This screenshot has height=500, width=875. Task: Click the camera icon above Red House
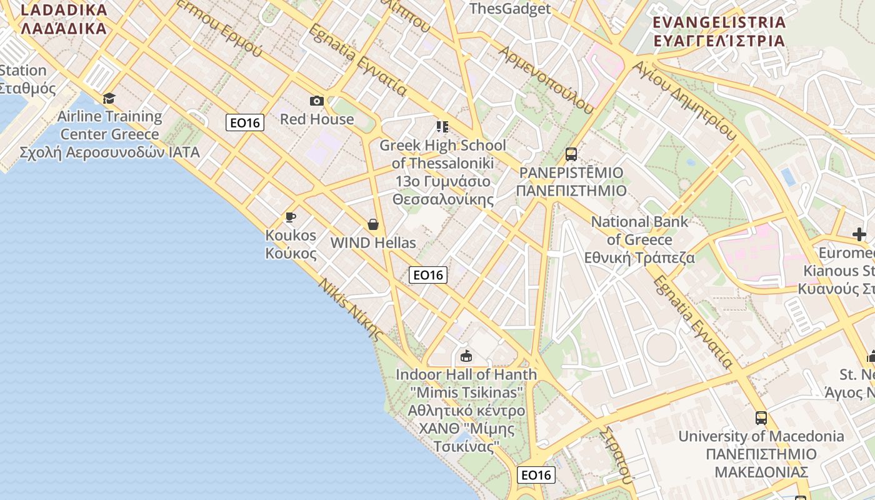point(317,101)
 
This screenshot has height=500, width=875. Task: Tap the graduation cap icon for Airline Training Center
point(109,98)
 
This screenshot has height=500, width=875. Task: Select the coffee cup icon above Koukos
point(290,217)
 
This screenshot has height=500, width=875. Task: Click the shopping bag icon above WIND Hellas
point(373,224)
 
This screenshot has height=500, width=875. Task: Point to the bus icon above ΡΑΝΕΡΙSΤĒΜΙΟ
point(571,154)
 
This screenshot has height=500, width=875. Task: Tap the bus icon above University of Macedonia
point(761,417)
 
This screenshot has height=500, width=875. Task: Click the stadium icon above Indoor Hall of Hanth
point(466,356)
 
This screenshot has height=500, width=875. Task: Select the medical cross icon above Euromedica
point(859,234)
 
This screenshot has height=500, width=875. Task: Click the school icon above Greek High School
point(442,127)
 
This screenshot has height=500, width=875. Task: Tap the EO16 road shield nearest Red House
point(245,122)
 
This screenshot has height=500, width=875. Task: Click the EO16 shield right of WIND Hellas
point(428,274)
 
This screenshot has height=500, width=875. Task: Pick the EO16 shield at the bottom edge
point(536,475)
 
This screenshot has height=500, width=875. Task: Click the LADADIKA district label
point(64,19)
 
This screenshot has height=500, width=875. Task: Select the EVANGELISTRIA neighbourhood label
point(719,31)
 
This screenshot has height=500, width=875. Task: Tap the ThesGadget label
point(510,9)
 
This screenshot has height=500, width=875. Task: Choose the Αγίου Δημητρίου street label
point(684,100)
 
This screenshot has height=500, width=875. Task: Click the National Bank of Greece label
point(639,239)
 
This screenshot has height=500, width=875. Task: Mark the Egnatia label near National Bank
point(693,322)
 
